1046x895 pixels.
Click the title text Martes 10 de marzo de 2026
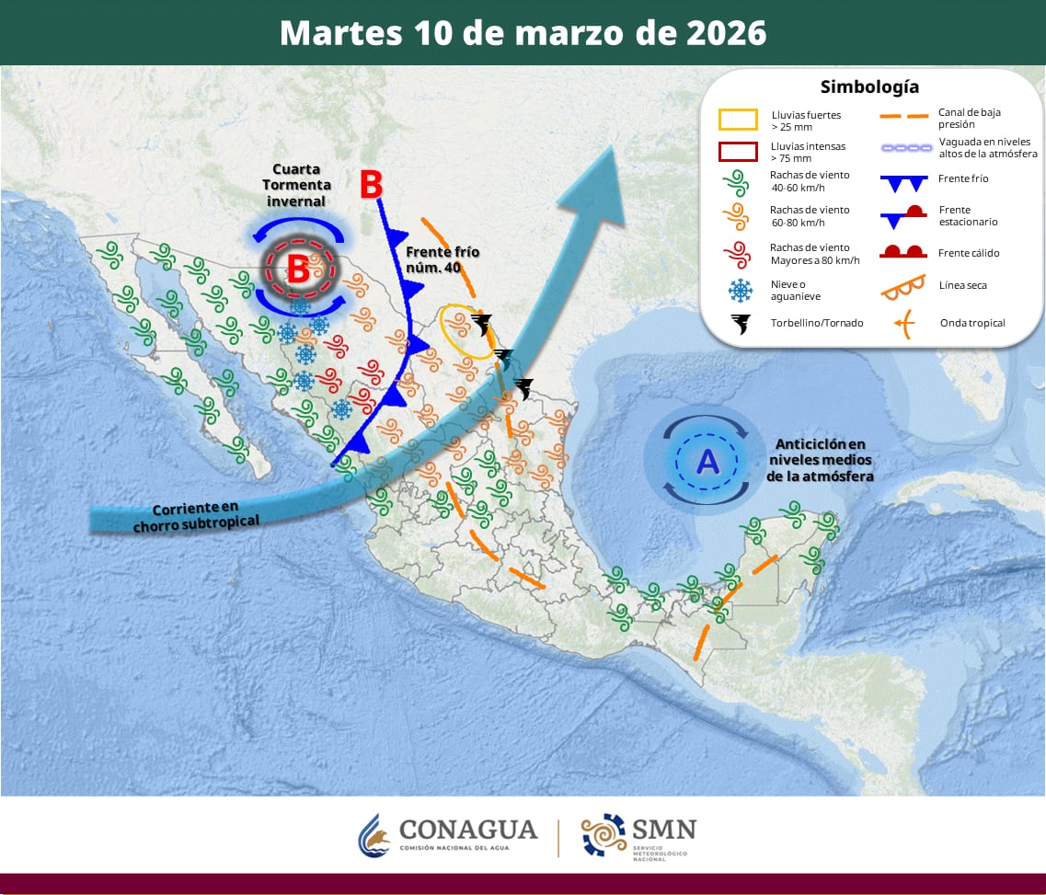[523, 33]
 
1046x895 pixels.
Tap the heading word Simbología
[868, 87]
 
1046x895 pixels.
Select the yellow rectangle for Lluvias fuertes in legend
[738, 120]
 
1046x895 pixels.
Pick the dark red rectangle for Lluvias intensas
[738, 152]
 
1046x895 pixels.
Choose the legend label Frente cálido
[969, 253]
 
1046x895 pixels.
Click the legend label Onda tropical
[972, 323]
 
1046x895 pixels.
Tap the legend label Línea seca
[963, 285]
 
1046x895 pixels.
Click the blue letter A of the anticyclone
[707, 462]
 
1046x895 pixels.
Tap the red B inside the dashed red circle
[298, 270]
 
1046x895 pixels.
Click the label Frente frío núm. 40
[443, 259]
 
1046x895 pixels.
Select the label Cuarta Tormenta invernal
[297, 186]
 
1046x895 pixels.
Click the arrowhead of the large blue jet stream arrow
[612, 184]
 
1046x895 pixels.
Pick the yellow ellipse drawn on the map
[467, 331]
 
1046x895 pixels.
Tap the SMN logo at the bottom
[638, 834]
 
